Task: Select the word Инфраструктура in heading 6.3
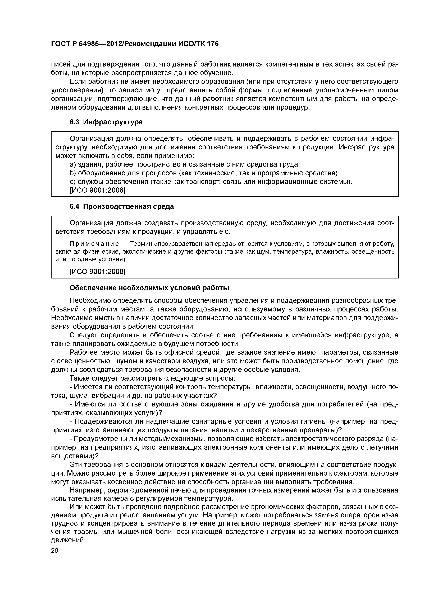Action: [x=113, y=122]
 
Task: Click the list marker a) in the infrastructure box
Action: [x=72, y=165]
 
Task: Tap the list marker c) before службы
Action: [x=72, y=182]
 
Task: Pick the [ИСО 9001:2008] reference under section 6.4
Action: [x=97, y=271]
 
